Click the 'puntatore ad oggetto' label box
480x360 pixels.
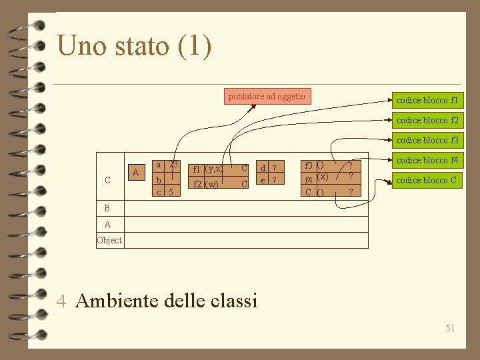[x=267, y=97]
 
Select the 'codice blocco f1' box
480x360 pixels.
[x=427, y=101]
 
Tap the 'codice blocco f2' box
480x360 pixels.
[x=427, y=121]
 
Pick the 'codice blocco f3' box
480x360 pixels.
[x=427, y=141]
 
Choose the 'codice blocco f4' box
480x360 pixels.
[x=427, y=161]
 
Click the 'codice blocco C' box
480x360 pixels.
[x=427, y=181]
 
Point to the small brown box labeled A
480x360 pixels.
[x=136, y=172]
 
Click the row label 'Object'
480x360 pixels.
[x=109, y=241]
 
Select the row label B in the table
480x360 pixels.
[x=107, y=207]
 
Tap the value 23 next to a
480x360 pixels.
[x=173, y=165]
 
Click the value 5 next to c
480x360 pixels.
[x=171, y=192]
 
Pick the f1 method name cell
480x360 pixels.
[x=198, y=169]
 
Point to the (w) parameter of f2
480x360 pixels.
[x=212, y=185]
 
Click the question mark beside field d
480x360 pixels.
[x=274, y=168]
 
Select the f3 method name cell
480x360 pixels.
[x=309, y=165]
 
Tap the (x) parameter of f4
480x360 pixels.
[x=322, y=177]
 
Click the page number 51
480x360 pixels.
[x=450, y=328]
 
